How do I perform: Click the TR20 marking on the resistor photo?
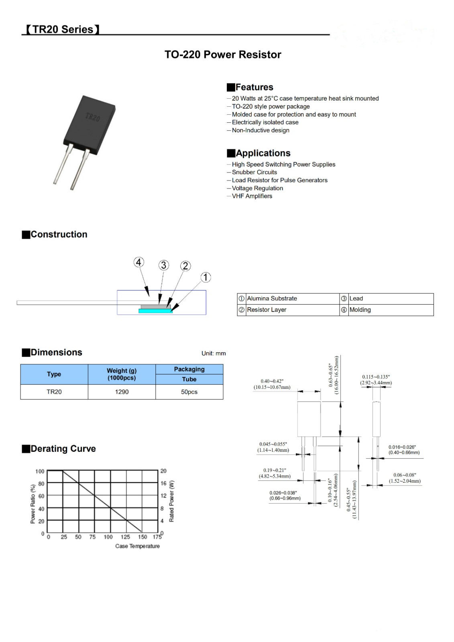(93, 117)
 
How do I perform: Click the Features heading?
(254, 87)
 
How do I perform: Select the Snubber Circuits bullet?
(254, 172)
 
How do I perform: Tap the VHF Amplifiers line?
(252, 196)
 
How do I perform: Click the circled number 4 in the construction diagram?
(138, 262)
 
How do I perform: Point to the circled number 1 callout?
(206, 277)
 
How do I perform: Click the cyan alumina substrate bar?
(155, 311)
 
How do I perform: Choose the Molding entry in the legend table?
(360, 310)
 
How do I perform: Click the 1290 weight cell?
(122, 392)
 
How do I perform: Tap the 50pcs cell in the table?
(189, 392)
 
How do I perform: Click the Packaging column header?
(189, 369)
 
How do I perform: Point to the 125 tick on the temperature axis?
(125, 537)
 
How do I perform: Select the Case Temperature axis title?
(137, 546)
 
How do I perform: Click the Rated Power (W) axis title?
(172, 501)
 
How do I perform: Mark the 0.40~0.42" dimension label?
(272, 382)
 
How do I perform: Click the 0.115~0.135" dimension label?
(376, 377)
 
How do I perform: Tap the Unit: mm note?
(214, 354)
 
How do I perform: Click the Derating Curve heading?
(63, 449)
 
